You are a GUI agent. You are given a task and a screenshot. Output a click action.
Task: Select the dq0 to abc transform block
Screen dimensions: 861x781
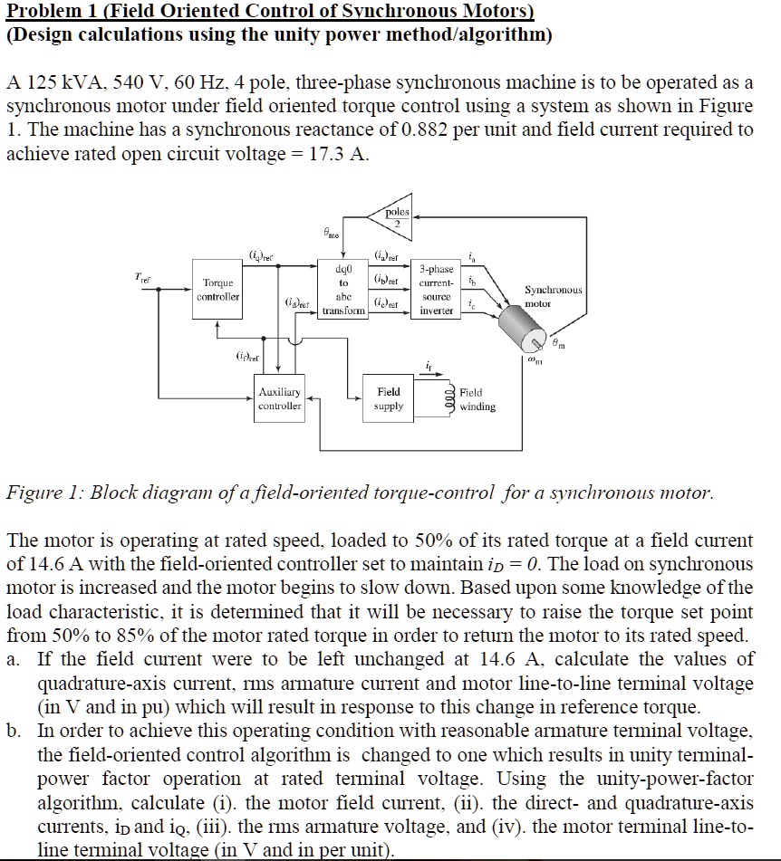(x=343, y=290)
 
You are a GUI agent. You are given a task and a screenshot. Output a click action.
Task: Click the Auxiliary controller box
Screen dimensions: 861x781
(x=279, y=399)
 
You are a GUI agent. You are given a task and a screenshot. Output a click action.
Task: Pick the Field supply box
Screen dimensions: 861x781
(x=388, y=399)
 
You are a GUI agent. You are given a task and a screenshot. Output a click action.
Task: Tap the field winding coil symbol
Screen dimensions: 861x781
(x=445, y=399)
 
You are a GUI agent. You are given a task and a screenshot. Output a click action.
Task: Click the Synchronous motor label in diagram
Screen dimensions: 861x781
(x=554, y=296)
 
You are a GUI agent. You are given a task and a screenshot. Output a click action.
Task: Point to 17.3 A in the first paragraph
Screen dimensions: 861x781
(x=339, y=153)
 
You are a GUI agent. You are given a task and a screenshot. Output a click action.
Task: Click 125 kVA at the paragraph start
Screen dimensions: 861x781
(x=56, y=82)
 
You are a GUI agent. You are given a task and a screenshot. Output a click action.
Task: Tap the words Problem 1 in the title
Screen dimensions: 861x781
(x=46, y=11)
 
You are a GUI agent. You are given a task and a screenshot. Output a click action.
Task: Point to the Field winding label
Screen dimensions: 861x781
(x=477, y=399)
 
